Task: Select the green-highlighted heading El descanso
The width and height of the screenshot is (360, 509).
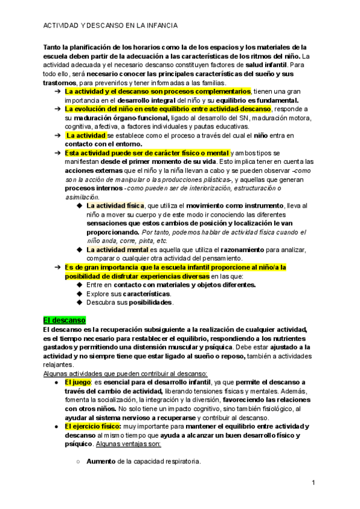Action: pos(65,321)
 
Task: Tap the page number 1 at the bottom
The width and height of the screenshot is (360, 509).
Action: pos(313,483)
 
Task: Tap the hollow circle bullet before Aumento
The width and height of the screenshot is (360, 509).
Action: pos(79,462)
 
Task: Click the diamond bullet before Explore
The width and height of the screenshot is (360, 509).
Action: pos(79,294)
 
